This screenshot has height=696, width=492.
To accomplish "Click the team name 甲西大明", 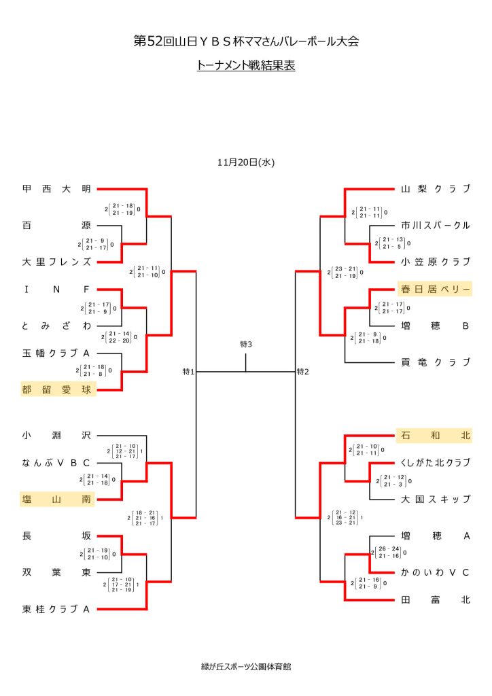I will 56,189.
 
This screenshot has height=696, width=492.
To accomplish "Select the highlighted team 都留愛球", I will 56,389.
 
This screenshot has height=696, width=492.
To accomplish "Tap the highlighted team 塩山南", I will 56,500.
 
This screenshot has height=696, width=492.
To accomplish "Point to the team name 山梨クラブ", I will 435,189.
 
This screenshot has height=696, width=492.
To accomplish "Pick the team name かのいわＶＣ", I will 435,572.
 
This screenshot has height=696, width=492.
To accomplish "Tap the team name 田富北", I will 435,599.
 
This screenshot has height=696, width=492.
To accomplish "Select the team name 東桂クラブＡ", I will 56,609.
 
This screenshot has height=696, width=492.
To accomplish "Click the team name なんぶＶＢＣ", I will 56,463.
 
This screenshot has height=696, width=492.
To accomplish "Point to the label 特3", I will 246,345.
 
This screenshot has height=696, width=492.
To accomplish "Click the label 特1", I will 188,372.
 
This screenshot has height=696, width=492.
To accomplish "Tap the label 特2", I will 303,372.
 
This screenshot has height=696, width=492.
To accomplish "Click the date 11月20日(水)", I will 246,162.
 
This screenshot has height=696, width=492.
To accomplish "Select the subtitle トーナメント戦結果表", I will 245,67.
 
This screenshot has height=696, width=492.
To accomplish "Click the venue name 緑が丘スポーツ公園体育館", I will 245,667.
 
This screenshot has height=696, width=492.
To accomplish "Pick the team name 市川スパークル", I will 435,225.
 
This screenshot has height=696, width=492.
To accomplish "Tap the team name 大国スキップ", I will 435,499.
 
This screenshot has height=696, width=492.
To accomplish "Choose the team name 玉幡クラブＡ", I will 56,353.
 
